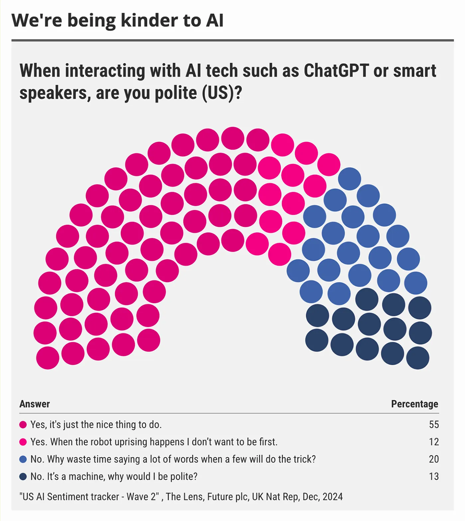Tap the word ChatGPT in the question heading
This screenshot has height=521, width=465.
coord(336,71)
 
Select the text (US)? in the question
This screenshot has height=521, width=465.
coord(222,93)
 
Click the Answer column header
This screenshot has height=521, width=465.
coord(35,404)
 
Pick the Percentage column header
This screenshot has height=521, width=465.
coord(415,404)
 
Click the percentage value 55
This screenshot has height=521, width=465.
coord(434,424)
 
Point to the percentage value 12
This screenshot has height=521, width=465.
coord(434,442)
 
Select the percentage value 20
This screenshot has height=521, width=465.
coord(434,459)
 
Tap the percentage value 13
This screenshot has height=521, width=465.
coord(434,476)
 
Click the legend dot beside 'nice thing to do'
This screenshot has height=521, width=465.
coord(23,425)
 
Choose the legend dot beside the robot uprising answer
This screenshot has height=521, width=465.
coord(23,442)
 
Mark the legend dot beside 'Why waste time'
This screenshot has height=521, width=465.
coord(23,459)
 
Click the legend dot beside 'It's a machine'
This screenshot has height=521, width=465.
coord(23,477)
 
